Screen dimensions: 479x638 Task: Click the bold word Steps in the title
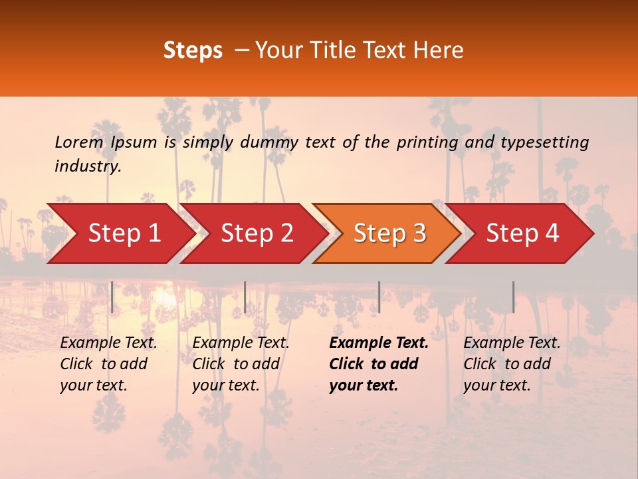(x=193, y=50)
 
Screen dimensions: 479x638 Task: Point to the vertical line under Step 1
(x=112, y=297)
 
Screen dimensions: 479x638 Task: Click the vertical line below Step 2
(x=245, y=297)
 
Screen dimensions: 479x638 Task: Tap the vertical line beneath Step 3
(x=379, y=297)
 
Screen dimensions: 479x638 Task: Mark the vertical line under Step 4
(x=513, y=297)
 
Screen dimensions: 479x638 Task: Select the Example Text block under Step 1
(x=108, y=364)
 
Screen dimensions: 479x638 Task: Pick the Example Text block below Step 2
(x=241, y=364)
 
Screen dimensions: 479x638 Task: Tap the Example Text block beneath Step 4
(x=512, y=364)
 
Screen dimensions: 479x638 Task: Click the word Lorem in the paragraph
(x=79, y=142)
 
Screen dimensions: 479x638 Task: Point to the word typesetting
(x=544, y=142)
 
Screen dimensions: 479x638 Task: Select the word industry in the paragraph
(x=87, y=166)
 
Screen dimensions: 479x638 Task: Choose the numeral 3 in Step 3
(x=419, y=234)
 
